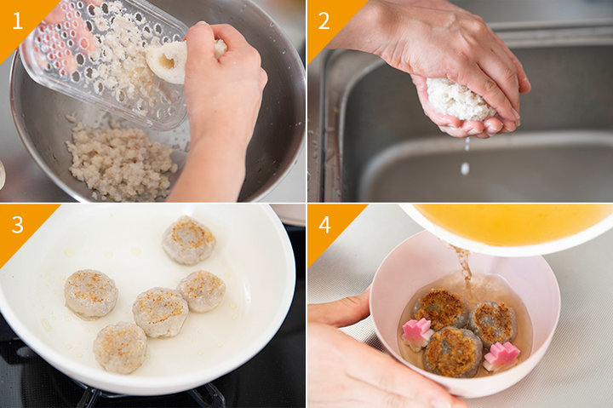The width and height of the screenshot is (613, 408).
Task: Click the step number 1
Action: (18, 20)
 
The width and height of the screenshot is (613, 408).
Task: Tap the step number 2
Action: (324, 20)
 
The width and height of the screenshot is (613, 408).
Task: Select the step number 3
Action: (18, 225)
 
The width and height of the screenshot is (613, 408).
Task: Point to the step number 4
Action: (324, 225)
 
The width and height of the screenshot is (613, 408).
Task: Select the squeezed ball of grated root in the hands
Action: (457, 100)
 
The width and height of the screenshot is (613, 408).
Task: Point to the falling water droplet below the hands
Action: (465, 169)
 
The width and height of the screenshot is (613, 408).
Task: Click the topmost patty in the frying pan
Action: (189, 240)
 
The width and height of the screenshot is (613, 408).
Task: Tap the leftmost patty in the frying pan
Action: (91, 294)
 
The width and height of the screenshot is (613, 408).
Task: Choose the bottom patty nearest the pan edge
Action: (120, 348)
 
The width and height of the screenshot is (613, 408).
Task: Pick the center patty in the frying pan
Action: (161, 312)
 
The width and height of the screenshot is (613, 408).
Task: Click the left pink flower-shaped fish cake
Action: (416, 334)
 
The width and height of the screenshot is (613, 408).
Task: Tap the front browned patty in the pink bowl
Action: (453, 351)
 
